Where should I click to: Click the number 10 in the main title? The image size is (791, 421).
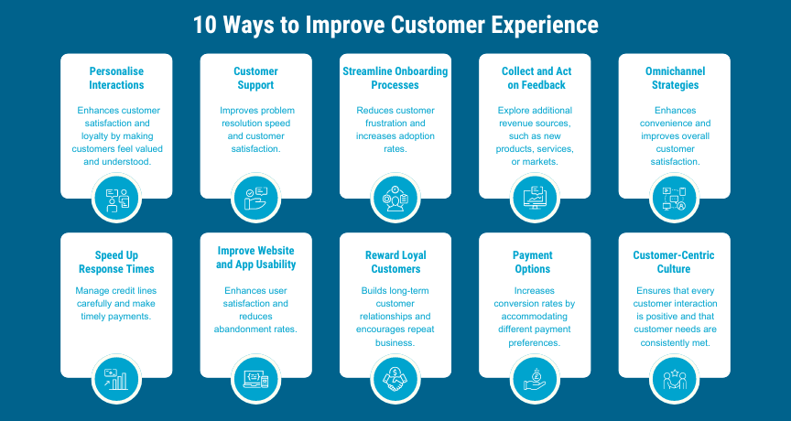pos(204,25)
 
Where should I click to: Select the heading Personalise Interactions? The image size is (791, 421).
pos(116,78)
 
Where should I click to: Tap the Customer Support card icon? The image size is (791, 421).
pos(255,198)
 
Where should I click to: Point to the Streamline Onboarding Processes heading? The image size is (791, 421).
pos(395,78)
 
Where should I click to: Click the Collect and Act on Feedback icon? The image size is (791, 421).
pos(535,198)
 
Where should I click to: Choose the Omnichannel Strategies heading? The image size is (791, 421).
pos(675,78)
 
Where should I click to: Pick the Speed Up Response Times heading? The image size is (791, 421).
pos(116,262)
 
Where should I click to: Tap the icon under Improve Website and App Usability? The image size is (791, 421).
pos(255,379)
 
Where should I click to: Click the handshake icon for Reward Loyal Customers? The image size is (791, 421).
pos(395,379)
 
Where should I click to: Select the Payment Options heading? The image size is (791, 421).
pos(533,262)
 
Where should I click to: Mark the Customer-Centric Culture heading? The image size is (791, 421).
pos(674,262)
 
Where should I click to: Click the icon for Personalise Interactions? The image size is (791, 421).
pos(116,198)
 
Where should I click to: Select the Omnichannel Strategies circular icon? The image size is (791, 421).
pos(674,198)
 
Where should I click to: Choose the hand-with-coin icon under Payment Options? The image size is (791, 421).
pos(535,379)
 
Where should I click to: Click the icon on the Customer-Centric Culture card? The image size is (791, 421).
pos(674,379)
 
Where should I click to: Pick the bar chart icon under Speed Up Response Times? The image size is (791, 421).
pos(116,379)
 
